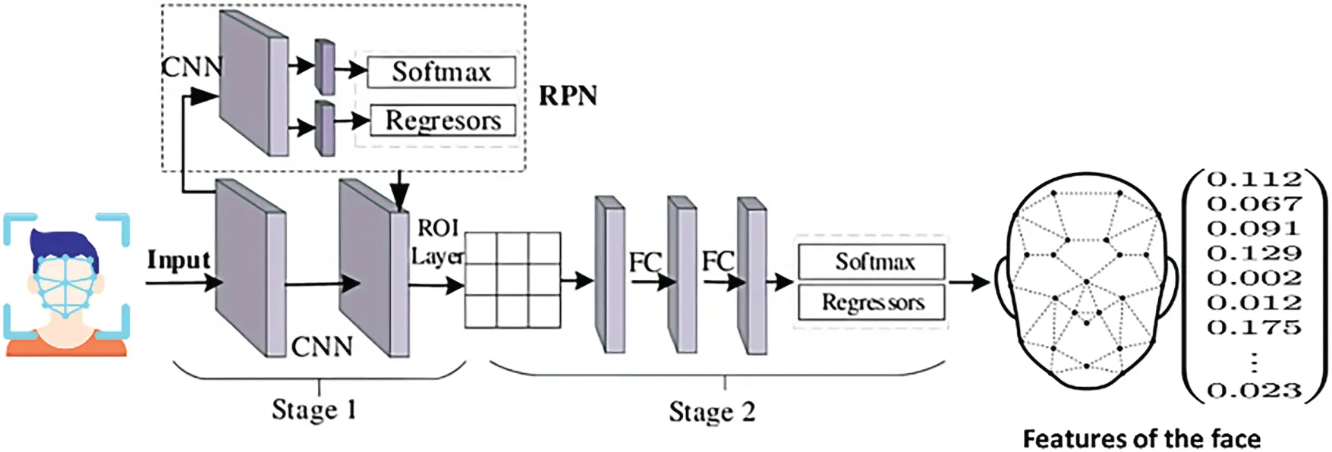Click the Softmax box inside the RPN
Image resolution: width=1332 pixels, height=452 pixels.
pyautogui.click(x=441, y=72)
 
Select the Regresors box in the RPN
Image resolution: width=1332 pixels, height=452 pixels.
pyautogui.click(x=442, y=120)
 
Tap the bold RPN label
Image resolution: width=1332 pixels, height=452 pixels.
pyautogui.click(x=568, y=96)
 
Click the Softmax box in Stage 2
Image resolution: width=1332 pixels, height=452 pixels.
pyautogui.click(x=871, y=262)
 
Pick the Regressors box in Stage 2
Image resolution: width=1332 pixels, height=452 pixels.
pyautogui.click(x=871, y=303)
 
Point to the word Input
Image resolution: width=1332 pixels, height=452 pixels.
pyautogui.click(x=178, y=259)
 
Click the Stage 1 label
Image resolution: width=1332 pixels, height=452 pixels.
pyautogui.click(x=314, y=410)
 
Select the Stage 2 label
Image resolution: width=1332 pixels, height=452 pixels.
pyautogui.click(x=711, y=411)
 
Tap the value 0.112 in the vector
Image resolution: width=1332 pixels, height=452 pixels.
pyautogui.click(x=1254, y=180)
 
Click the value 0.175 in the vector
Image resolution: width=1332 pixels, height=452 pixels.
pyautogui.click(x=1254, y=328)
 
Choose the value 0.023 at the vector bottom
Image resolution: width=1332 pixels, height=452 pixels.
pyautogui.click(x=1254, y=391)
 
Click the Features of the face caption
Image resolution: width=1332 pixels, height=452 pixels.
pyautogui.click(x=1141, y=438)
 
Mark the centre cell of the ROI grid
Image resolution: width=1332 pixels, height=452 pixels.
pyautogui.click(x=512, y=280)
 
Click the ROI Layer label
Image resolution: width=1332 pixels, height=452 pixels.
pyautogui.click(x=438, y=242)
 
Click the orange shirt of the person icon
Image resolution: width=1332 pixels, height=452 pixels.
pyautogui.click(x=66, y=347)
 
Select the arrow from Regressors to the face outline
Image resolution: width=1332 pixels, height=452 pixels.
pyautogui.click(x=969, y=283)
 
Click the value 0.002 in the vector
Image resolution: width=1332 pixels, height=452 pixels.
pyautogui.click(x=1254, y=278)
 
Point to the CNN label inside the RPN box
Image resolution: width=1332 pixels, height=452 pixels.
pyautogui.click(x=191, y=67)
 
